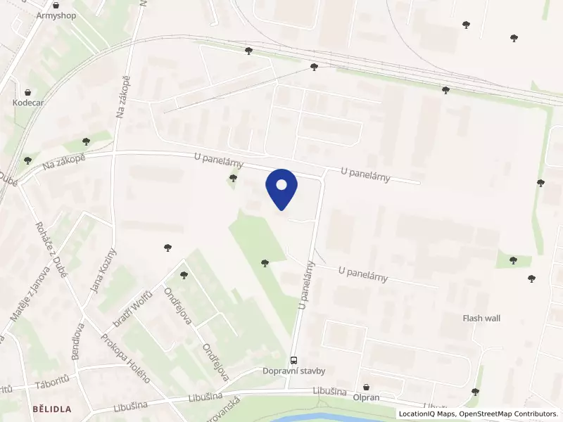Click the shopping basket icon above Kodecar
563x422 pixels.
(27, 92)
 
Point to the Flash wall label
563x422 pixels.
(481, 319)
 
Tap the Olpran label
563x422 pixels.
(366, 397)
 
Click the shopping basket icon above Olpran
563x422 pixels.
(366, 387)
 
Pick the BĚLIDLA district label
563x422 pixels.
(51, 408)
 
